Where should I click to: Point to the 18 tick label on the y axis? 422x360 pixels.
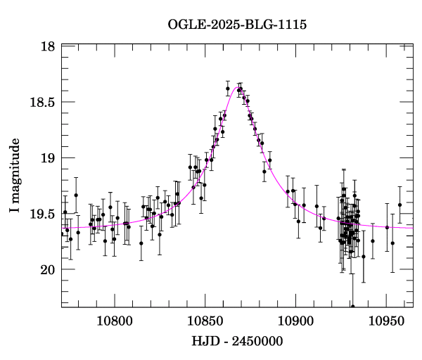pos(48,46)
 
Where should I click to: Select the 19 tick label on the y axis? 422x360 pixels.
pos(48,157)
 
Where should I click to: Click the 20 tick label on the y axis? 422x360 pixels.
pos(48,269)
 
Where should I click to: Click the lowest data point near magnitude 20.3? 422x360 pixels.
pos(352,306)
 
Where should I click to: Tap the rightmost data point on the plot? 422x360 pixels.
pos(399,205)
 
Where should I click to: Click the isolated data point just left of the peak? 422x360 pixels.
pos(228,88)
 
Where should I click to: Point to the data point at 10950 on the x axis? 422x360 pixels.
pos(387,227)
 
